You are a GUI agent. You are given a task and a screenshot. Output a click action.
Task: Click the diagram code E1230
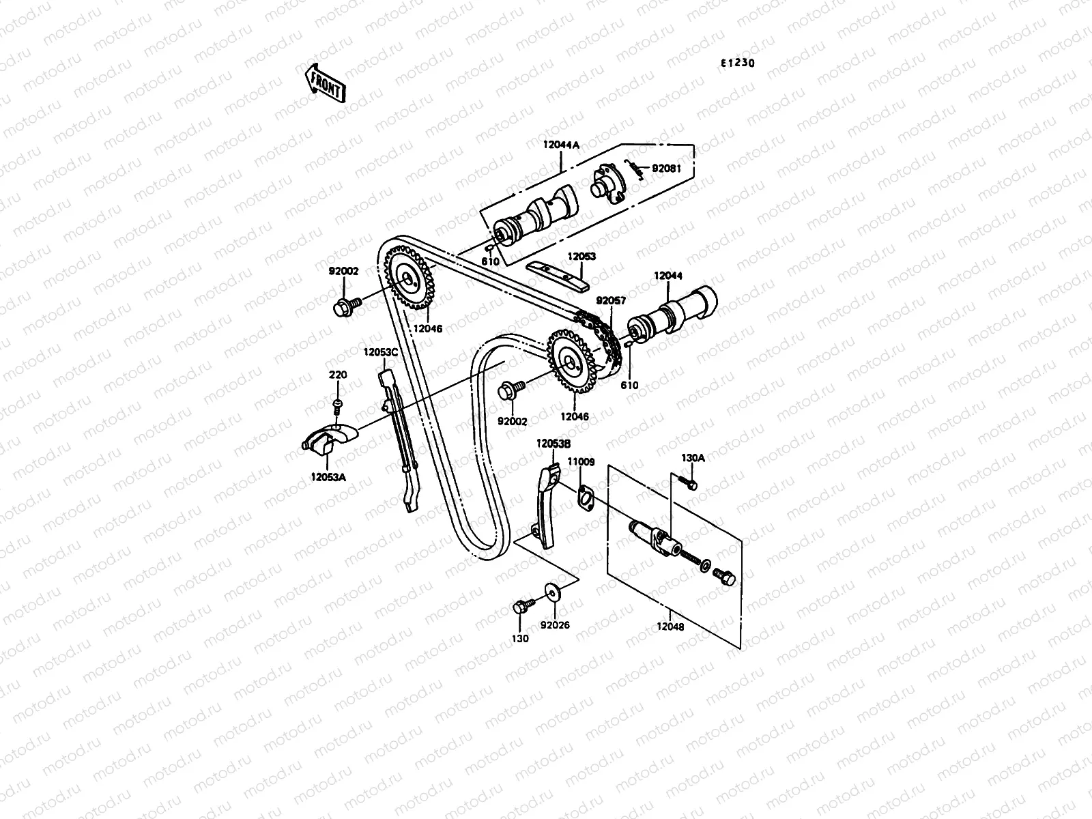(x=738, y=63)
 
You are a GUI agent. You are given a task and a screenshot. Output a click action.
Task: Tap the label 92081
(x=666, y=169)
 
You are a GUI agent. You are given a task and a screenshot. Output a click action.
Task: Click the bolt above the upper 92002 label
(x=345, y=306)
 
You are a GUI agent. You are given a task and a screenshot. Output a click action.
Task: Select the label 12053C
(x=380, y=352)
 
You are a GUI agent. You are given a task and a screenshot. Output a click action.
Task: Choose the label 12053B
(x=553, y=443)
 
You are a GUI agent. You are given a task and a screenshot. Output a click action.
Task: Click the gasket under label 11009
(x=585, y=497)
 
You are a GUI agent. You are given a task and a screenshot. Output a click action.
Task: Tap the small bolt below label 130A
(x=691, y=485)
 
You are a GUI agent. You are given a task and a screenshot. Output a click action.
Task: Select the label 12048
(x=670, y=626)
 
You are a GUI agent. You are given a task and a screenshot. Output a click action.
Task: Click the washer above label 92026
(x=551, y=590)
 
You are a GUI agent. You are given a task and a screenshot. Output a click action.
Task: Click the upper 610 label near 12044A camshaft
(x=489, y=261)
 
